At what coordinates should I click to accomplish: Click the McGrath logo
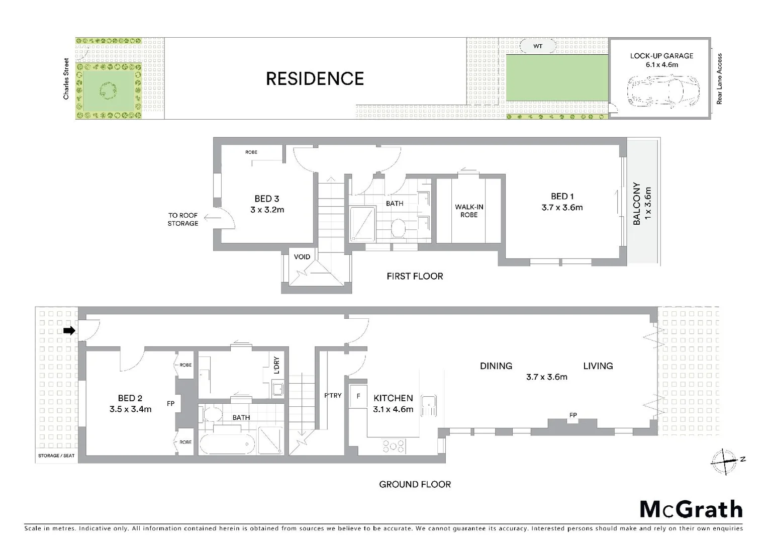[x=691, y=509]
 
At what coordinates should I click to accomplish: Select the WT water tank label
[x=538, y=46]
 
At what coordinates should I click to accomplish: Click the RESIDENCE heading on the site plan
[x=315, y=79]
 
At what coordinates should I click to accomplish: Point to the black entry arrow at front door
[x=69, y=330]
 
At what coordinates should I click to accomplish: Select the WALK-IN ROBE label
[x=469, y=211]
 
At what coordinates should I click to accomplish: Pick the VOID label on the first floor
[x=302, y=257]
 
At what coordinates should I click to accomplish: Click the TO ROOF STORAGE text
[x=183, y=219]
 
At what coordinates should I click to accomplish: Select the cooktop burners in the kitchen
[x=394, y=446]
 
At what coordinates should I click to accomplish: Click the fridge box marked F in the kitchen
[x=358, y=396]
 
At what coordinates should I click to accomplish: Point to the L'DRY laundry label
[x=276, y=366]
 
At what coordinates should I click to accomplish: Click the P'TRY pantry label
[x=333, y=396]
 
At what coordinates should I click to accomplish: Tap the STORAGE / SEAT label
[x=56, y=456]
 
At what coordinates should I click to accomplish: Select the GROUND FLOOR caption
[x=415, y=484]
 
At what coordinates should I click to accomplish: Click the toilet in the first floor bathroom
[x=399, y=228]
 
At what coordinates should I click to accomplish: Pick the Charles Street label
[x=66, y=78]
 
